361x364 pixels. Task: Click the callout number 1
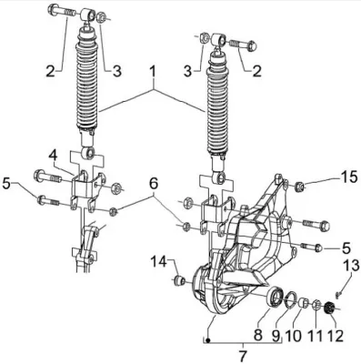(x=153, y=73)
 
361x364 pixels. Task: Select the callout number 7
(x=243, y=355)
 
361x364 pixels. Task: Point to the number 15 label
(x=347, y=177)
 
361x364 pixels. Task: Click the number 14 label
(x=159, y=261)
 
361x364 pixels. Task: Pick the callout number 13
(x=351, y=266)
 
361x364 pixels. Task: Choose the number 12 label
(x=335, y=336)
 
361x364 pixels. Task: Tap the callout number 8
(x=258, y=336)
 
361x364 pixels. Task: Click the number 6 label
(x=154, y=183)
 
